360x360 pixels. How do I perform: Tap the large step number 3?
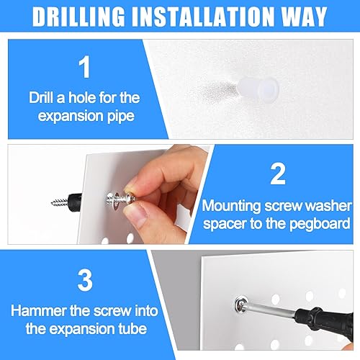[85, 282]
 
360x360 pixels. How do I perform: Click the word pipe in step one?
[117, 115]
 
